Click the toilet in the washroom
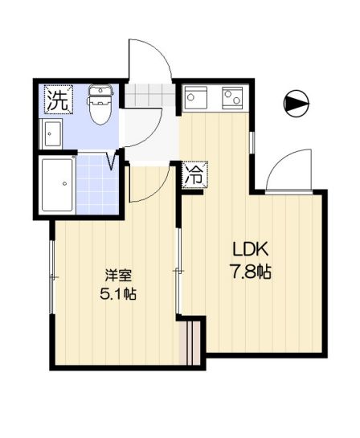100,104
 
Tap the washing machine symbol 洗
59,100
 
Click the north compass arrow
297,104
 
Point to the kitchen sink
195,98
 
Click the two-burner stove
231,98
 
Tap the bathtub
58,185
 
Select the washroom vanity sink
51,134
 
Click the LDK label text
250,250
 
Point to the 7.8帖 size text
250,272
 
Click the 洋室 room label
118,275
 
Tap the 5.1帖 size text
118,293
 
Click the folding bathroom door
112,160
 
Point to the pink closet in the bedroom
190,343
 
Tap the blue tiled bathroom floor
96,185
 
